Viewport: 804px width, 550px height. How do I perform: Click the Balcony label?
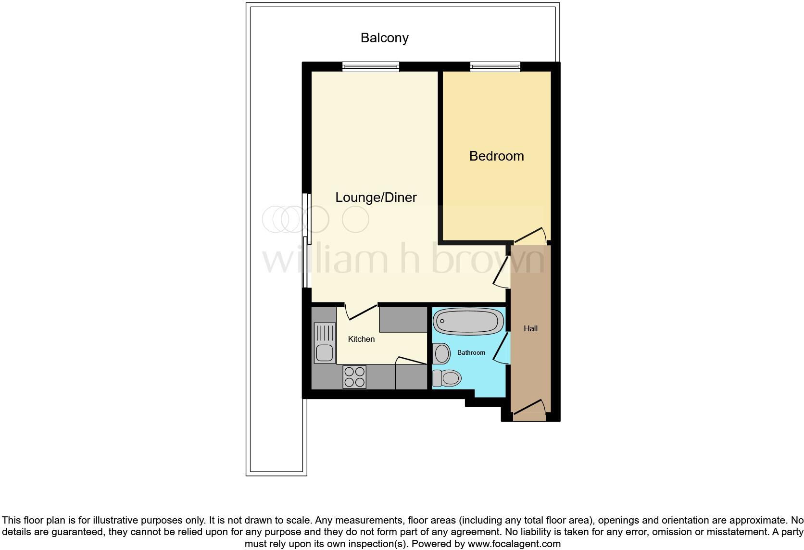coord(384,38)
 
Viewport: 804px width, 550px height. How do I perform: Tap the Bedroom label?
coord(496,156)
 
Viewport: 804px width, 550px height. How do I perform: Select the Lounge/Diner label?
coord(376,197)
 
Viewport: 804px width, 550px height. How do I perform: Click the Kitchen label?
coord(361,339)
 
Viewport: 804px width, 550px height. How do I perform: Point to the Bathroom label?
coord(471,352)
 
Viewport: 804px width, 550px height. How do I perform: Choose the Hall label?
coord(530,328)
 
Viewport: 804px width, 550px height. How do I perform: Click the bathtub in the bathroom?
coord(468,321)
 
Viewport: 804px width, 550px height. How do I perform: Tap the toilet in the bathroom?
coord(447,378)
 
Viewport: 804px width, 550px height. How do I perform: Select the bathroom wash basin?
coord(441,353)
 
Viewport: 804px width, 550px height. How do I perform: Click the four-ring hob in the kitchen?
coord(354,377)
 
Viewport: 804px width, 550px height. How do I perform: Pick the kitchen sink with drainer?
coord(324,342)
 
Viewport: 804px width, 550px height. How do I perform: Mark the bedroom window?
coord(495,67)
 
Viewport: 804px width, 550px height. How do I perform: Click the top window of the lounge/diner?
coord(370,67)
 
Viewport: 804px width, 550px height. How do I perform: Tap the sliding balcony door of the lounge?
coord(307,240)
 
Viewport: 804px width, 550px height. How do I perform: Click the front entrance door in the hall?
coord(529,407)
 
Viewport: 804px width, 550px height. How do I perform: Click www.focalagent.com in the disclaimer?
coord(514,544)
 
